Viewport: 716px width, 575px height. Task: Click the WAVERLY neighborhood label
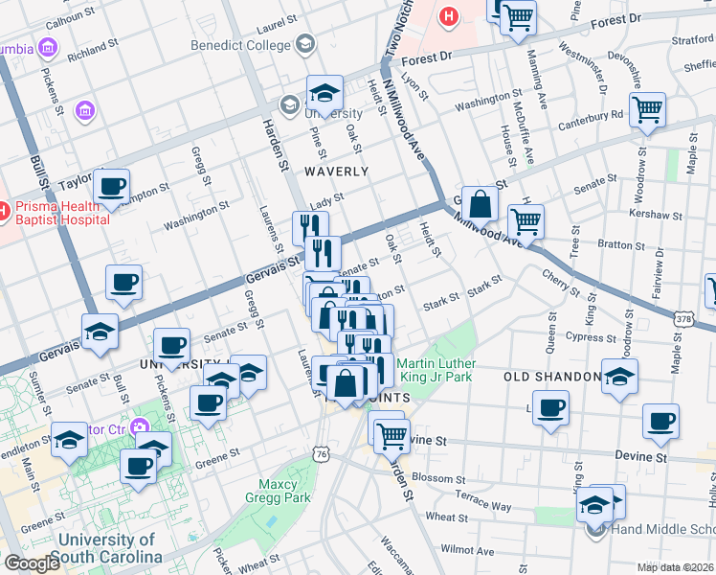(336, 172)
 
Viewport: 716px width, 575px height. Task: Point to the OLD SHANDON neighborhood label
(551, 378)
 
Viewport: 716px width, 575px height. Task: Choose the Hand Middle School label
(660, 530)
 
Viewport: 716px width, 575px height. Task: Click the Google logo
(32, 563)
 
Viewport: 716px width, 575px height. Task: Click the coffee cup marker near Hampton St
(111, 187)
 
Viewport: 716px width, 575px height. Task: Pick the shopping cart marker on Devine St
(392, 436)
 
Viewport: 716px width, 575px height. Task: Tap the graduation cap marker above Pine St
(325, 94)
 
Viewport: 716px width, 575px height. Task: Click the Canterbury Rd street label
(592, 115)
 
